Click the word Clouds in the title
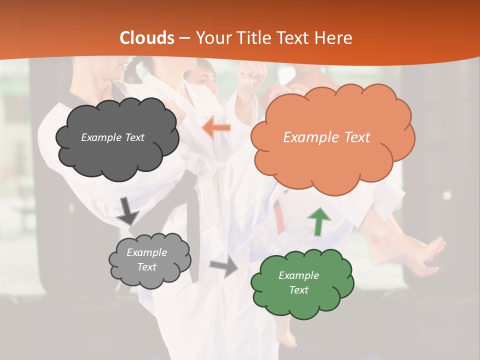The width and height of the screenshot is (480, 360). pos(147,38)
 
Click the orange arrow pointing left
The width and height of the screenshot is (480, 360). pos(216,128)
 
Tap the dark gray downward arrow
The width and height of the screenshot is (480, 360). pos(127,210)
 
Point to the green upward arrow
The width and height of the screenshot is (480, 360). pos(319,221)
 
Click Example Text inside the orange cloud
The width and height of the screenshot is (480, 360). pos(326,137)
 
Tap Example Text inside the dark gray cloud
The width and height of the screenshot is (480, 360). pos(112,137)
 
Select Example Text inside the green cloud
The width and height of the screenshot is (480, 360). pos(298,282)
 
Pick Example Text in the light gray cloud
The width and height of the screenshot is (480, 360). pos(146,259)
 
